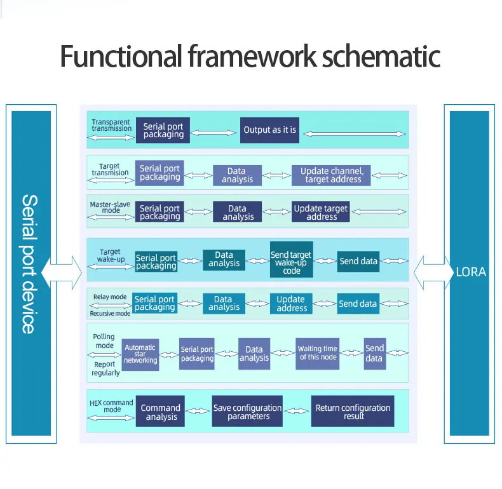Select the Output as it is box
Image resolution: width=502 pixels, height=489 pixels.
pos(269,130)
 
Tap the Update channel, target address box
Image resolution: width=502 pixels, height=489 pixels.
pos(332,175)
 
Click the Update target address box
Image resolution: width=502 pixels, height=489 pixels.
pos(321,212)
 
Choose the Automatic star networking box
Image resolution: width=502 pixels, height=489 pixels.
pos(140,354)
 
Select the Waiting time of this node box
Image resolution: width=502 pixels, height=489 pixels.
pos(318,353)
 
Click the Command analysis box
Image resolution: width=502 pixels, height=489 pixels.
pos(161,412)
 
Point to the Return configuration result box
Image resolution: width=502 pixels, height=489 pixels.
pos(353,412)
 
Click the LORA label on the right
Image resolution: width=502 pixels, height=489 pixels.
pos(471,272)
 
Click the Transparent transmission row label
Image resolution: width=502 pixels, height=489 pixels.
pos(111,125)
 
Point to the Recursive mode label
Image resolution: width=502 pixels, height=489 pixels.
pos(110,313)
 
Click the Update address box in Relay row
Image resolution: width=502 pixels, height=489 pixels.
pos(292,303)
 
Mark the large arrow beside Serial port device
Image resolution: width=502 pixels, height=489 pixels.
pos(62,273)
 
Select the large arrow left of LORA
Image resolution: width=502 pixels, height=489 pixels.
pos(431,273)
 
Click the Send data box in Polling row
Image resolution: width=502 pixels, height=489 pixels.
pos(374,353)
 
